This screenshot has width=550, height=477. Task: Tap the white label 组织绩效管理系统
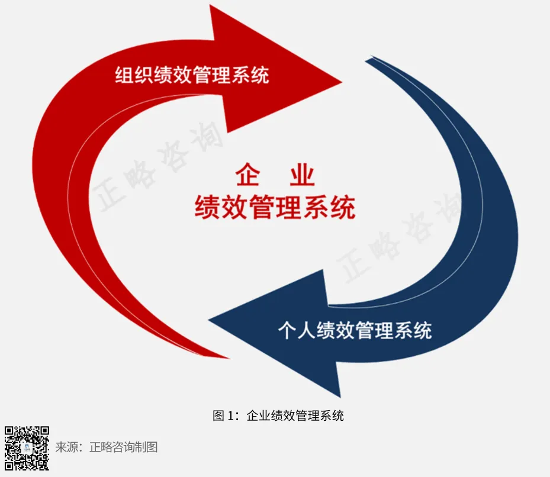click(x=191, y=75)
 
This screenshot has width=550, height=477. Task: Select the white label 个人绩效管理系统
click(x=355, y=329)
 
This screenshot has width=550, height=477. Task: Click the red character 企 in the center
click(x=248, y=176)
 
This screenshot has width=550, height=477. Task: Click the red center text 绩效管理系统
click(x=275, y=207)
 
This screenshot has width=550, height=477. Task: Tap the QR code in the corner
click(x=27, y=448)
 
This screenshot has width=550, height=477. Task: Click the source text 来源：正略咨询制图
click(x=107, y=447)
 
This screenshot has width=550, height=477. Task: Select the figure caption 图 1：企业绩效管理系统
click(x=278, y=415)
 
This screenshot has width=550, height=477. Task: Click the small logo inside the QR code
click(x=27, y=448)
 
